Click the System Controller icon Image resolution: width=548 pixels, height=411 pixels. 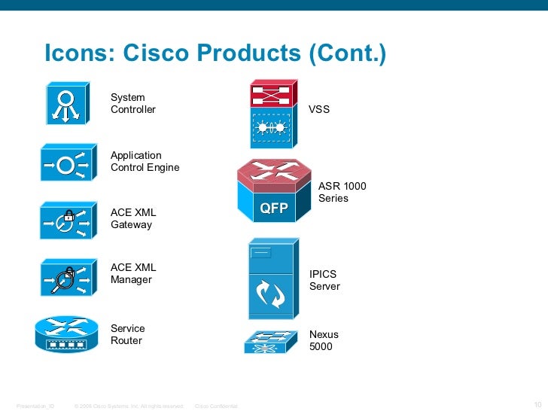[67, 105]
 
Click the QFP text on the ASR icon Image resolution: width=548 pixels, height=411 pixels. [274, 209]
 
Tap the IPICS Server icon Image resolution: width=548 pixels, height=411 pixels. [271, 279]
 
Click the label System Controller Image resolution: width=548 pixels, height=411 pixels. [133, 104]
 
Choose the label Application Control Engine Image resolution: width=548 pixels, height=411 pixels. [145, 162]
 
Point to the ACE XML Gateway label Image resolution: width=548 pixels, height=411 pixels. [133, 219]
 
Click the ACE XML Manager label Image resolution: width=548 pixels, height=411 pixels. [133, 273]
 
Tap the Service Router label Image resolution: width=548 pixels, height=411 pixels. [128, 335]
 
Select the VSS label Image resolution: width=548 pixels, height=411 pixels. [319, 110]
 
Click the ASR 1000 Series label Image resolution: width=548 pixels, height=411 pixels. [342, 192]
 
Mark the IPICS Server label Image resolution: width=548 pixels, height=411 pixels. [325, 281]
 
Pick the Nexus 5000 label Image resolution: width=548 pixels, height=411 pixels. [324, 341]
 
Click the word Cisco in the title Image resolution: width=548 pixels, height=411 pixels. [156, 54]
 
